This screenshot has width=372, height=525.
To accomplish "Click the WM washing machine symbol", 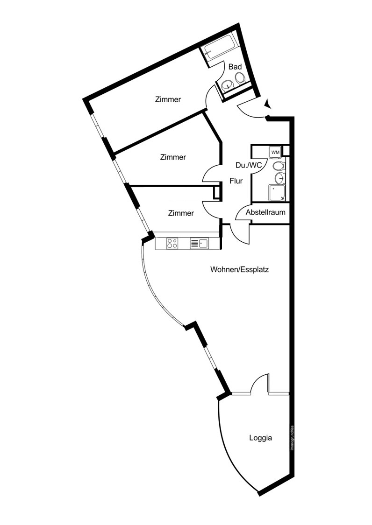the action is pyautogui.click(x=275, y=152).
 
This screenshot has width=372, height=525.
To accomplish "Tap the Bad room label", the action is pyautogui.click(x=235, y=67).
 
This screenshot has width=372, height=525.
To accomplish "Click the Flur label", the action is pyautogui.click(x=236, y=181).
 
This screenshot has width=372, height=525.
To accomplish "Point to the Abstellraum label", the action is pyautogui.click(x=265, y=212).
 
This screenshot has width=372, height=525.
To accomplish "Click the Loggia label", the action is pyautogui.click(x=261, y=438).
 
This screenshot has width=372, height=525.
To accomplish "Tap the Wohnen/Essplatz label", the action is pyautogui.click(x=239, y=270).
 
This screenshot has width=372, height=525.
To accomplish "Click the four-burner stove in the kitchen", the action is pyautogui.click(x=172, y=243).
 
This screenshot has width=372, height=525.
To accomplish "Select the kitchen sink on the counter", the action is pyautogui.click(x=199, y=243).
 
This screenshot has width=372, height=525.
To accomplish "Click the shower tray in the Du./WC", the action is pyautogui.click(x=277, y=193).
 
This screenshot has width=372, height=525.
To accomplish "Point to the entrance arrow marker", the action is pyautogui.click(x=267, y=104).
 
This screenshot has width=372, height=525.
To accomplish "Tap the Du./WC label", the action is pyautogui.click(x=249, y=165).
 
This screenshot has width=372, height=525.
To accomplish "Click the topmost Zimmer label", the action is pyautogui.click(x=168, y=99).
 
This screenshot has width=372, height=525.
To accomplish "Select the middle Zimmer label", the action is pyautogui.click(x=173, y=157).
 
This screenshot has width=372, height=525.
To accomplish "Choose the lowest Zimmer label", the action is pyautogui.click(x=181, y=213).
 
